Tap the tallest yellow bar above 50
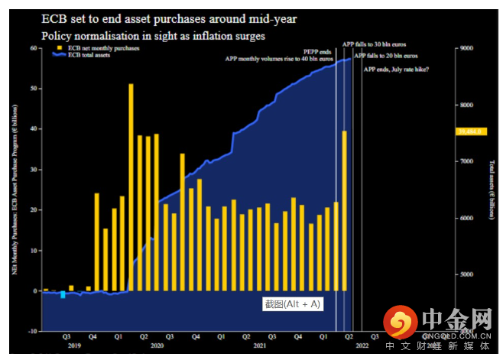pos(131,187)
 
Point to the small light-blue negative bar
pos(63,295)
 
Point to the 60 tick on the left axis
pos(34,47)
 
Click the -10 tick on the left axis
pos(32,331)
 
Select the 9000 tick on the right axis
pos(466,48)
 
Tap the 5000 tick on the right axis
pos(466,274)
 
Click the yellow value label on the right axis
pos(467,132)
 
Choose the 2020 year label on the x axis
pos(156,346)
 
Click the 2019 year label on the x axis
pos(74,346)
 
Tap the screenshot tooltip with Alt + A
pos(292,303)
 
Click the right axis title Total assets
pos(491,180)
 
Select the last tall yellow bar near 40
pos(345,211)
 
